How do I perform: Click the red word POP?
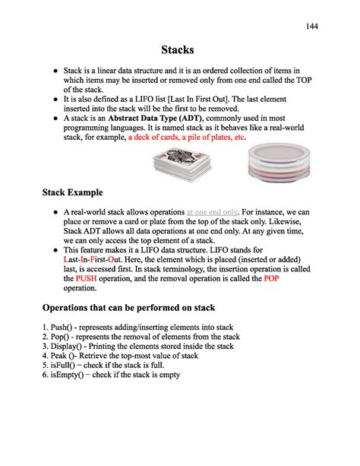271,279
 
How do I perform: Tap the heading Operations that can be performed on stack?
128,308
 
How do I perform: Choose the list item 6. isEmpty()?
111,375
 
